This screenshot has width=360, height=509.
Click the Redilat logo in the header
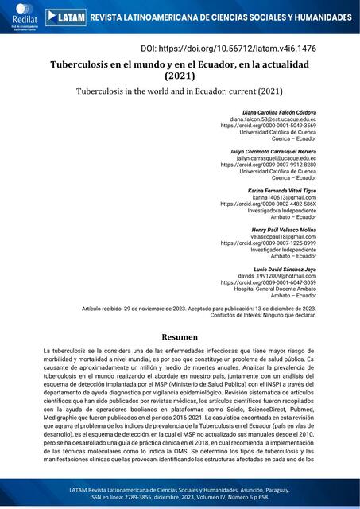click(x=21, y=17)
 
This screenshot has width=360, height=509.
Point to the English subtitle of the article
click(x=179, y=91)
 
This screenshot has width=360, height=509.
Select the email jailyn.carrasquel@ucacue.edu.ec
click(x=276, y=158)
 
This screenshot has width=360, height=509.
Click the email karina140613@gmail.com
click(x=284, y=197)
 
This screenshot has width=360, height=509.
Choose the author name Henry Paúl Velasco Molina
click(x=273, y=229)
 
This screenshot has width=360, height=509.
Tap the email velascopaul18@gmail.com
click(x=283, y=236)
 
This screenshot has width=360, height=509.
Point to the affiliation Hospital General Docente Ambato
click(x=274, y=289)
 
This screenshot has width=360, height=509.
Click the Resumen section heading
click(x=179, y=336)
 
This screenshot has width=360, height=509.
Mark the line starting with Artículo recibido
click(x=199, y=308)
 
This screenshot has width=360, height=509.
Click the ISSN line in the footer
click(x=179, y=499)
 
